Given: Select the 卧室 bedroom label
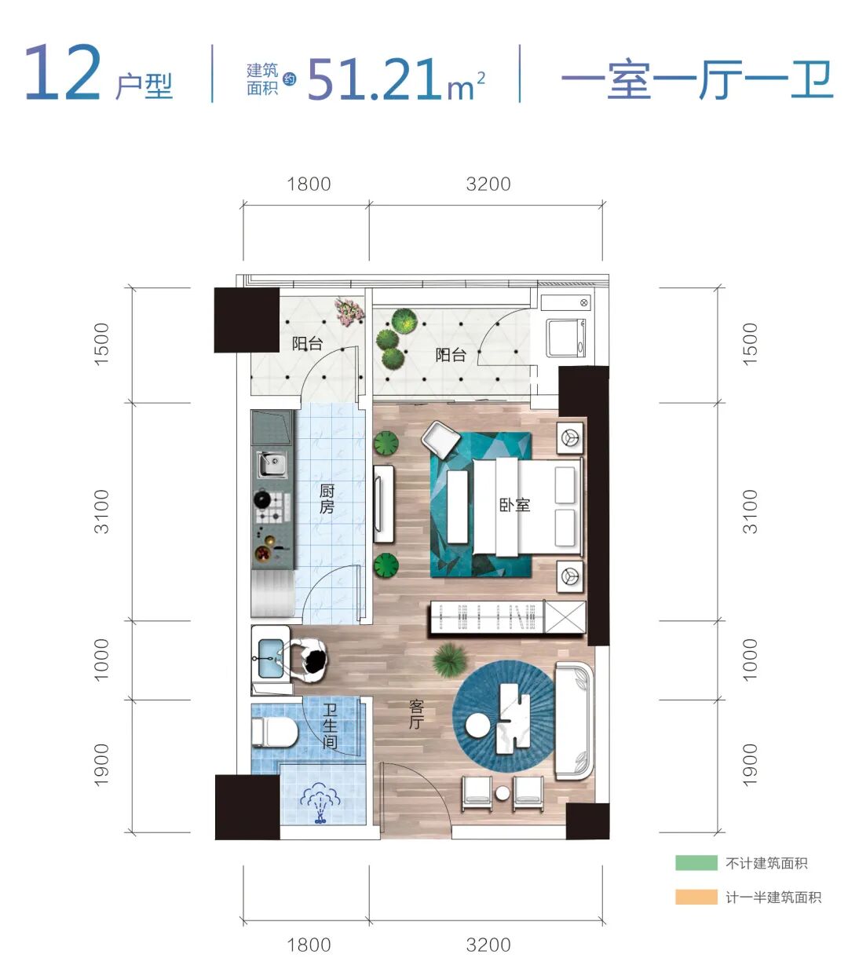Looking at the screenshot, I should [514, 505].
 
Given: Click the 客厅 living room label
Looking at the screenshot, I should [416, 714].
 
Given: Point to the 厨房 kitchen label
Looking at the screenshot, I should [327, 499].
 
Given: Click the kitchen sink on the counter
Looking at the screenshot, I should [273, 465].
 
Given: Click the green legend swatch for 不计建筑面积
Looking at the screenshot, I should [696, 863].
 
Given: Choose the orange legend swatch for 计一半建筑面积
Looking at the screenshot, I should [696, 897].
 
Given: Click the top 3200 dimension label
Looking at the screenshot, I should [488, 185].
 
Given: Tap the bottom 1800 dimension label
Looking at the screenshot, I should [309, 945].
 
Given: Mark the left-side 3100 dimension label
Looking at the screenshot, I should [102, 511].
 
